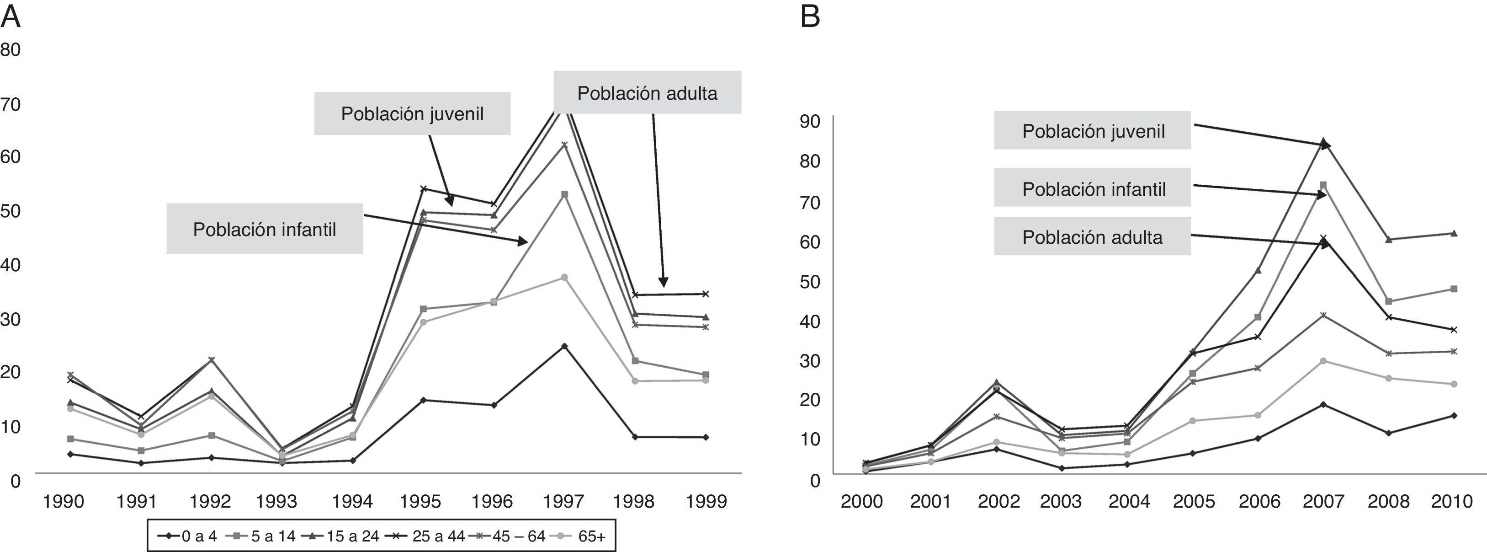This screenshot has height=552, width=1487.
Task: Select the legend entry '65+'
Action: pyautogui.click(x=591, y=536)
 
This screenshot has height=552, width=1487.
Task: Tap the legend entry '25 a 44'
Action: pyautogui.click(x=438, y=536)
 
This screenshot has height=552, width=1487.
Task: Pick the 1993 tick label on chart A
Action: pyautogui.click(x=276, y=501)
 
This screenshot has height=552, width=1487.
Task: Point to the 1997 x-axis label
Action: pyautogui.click(x=563, y=501)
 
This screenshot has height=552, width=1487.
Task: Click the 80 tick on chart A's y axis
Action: pyautogui.click(x=11, y=50)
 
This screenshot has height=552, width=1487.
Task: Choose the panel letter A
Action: pyautogui.click(x=11, y=17)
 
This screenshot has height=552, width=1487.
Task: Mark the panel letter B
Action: pyautogui.click(x=810, y=17)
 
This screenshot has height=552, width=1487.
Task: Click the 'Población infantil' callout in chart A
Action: pyautogui.click(x=265, y=229)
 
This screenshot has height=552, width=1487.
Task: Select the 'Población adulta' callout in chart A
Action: pyautogui.click(x=647, y=93)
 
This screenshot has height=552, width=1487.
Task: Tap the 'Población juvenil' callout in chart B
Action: pyautogui.click(x=1093, y=131)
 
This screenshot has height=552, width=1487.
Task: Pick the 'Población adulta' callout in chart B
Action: pyautogui.click(x=1092, y=237)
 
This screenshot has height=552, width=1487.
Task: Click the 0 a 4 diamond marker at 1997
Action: pyautogui.click(x=564, y=346)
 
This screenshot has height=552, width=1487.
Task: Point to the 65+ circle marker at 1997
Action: pyautogui.click(x=564, y=277)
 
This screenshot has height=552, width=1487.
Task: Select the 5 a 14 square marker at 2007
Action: pyautogui.click(x=1323, y=185)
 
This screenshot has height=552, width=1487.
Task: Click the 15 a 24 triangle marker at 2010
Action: pyautogui.click(x=1454, y=233)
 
